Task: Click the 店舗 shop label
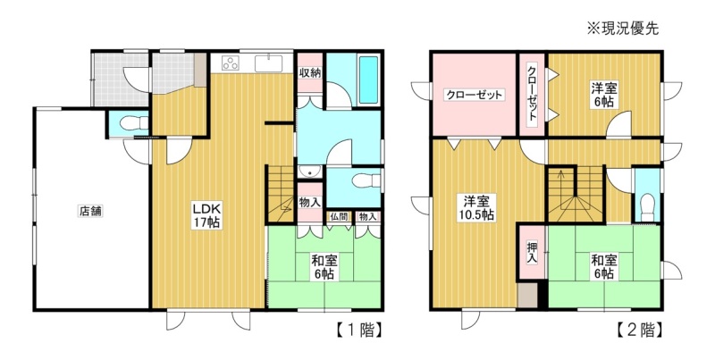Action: [91, 212]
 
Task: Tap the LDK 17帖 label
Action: [206, 215]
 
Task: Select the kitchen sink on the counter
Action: [268, 63]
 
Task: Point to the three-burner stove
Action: [231, 63]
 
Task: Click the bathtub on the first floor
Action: [368, 80]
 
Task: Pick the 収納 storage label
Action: [310, 72]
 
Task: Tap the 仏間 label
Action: [341, 217]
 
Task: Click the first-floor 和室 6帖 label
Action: [324, 267]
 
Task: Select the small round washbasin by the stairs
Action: [310, 172]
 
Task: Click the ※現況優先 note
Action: [622, 29]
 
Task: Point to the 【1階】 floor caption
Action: [359, 330]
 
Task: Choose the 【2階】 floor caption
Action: [639, 330]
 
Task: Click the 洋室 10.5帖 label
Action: [477, 208]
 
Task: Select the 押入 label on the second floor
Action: [532, 253]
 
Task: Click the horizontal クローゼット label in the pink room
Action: [475, 95]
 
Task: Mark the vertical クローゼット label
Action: [532, 94]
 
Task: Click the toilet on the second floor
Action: [647, 206]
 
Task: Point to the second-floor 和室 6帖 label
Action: [604, 267]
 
